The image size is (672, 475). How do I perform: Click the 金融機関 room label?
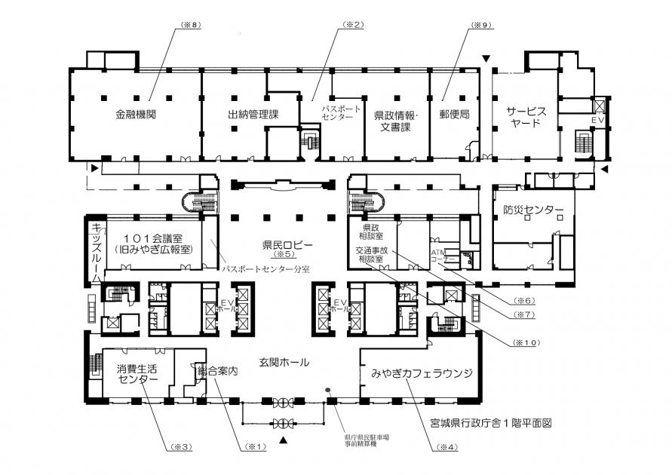pyautogui.click(x=137, y=116)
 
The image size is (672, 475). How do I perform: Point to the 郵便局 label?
pyautogui.click(x=455, y=116)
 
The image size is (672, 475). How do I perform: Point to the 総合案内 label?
pyautogui.click(x=217, y=372)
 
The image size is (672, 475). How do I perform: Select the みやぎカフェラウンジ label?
pyautogui.click(x=421, y=373)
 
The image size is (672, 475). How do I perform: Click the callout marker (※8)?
pyautogui.click(x=193, y=25)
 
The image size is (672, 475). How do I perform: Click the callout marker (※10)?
pyautogui.click(x=526, y=342)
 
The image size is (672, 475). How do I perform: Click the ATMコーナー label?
pyautogui.click(x=442, y=255)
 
